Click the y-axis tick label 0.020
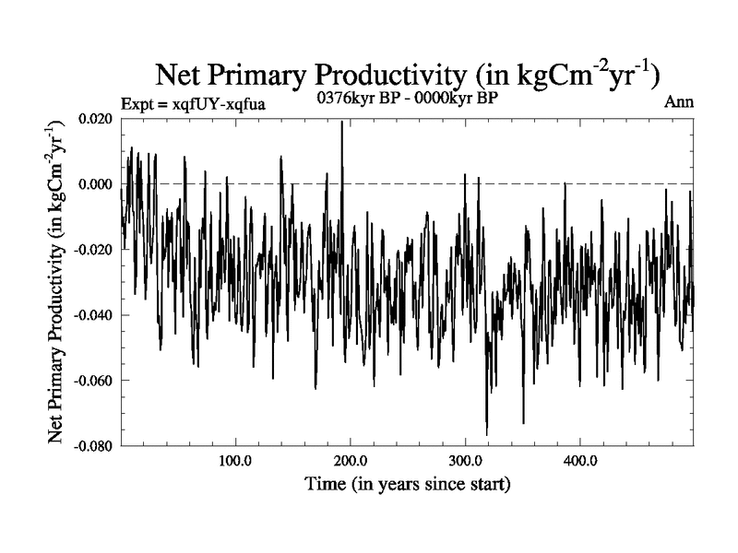(97, 119)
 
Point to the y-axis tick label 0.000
(97, 184)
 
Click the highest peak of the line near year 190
(342, 122)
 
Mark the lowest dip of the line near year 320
(486, 434)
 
